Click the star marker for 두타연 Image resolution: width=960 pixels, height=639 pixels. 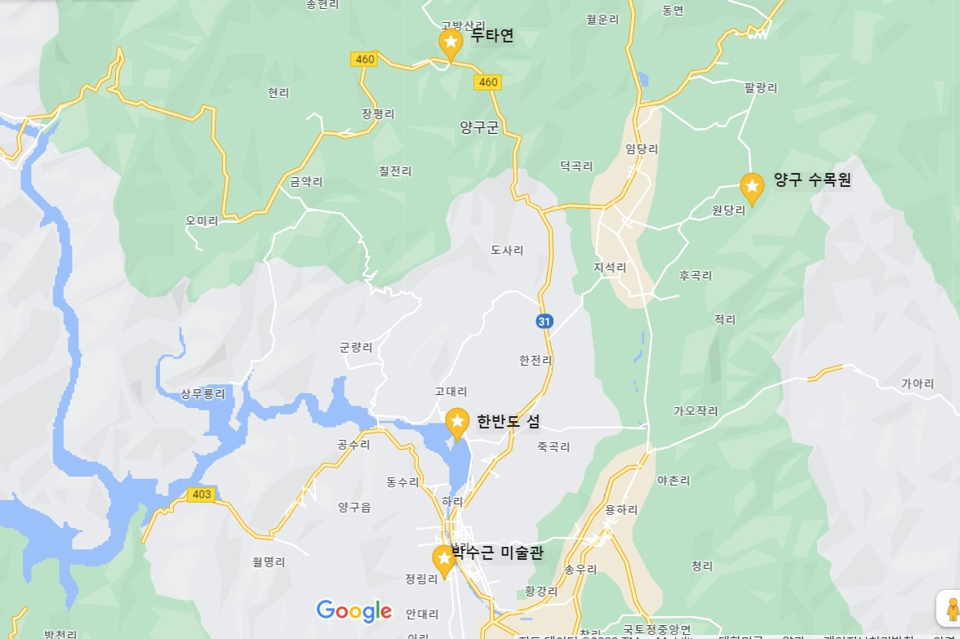pyautogui.click(x=451, y=42)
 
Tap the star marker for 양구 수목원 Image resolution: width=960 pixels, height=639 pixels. pyautogui.click(x=752, y=187)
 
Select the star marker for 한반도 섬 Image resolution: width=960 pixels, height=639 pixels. pyautogui.click(x=457, y=422)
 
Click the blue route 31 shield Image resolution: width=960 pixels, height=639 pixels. pyautogui.click(x=544, y=321)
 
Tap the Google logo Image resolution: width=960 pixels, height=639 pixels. pyautogui.click(x=354, y=610)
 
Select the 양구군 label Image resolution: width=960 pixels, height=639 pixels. pyautogui.click(x=479, y=126)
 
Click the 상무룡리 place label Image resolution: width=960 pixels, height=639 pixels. pyautogui.click(x=202, y=393)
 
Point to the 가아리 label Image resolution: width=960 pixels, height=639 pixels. pyautogui.click(x=918, y=384)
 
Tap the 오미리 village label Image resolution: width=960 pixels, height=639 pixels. pyautogui.click(x=202, y=221)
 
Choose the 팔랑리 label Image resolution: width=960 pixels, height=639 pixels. pyautogui.click(x=761, y=87)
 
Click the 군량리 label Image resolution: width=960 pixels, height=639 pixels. pyautogui.click(x=356, y=347)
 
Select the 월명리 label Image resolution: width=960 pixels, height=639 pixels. pyautogui.click(x=269, y=561)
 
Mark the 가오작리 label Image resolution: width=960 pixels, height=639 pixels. pyautogui.click(x=696, y=410)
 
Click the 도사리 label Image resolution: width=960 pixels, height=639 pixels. pyautogui.click(x=507, y=250)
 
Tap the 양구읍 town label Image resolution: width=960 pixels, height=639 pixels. pyautogui.click(x=354, y=507)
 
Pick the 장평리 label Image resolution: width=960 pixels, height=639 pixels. pyautogui.click(x=378, y=113)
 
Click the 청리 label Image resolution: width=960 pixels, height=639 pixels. pyautogui.click(x=702, y=566)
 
